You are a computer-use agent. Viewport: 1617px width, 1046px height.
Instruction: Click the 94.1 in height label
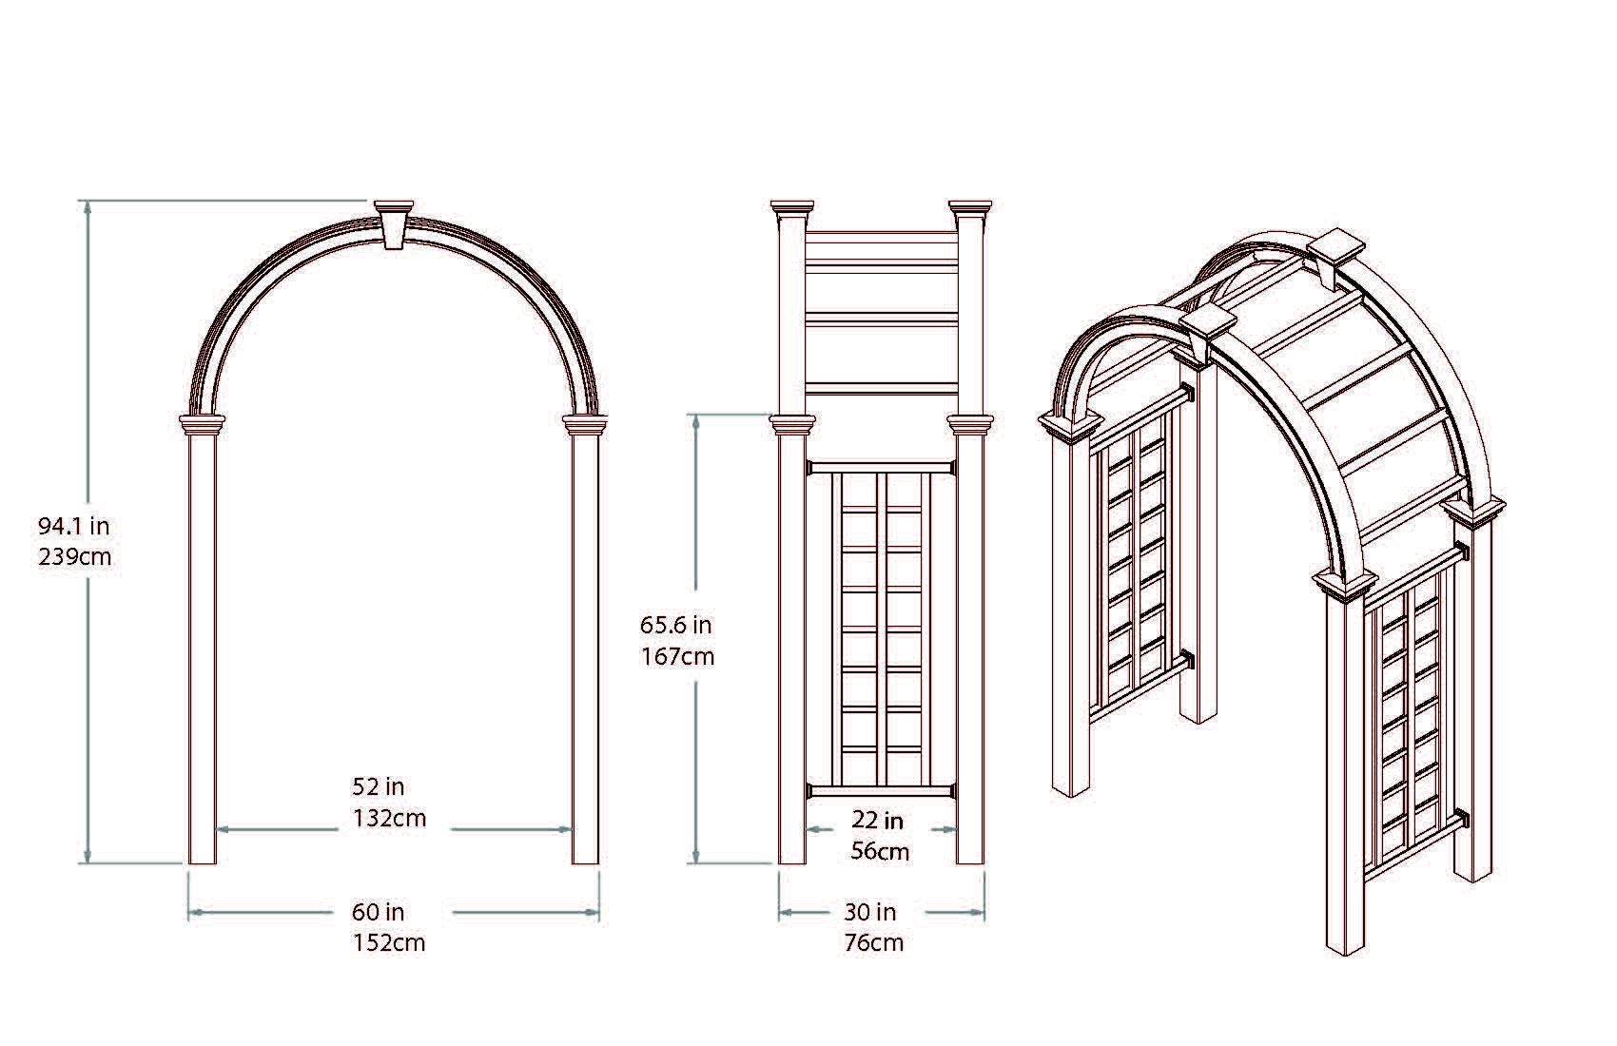(x=73, y=525)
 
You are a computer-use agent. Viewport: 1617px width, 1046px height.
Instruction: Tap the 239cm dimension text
(x=74, y=556)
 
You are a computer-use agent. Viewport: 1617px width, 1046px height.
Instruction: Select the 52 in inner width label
(x=379, y=786)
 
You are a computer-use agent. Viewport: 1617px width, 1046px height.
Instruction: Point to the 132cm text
(x=389, y=818)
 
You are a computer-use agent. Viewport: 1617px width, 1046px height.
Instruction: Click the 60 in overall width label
(x=379, y=912)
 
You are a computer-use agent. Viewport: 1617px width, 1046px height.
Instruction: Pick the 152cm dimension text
(x=389, y=943)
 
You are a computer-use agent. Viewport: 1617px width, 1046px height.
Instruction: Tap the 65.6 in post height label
(x=675, y=625)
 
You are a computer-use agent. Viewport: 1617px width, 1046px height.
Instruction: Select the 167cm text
(x=677, y=656)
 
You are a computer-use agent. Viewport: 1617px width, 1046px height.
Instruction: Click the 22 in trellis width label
(x=877, y=820)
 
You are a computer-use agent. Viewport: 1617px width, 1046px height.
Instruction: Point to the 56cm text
(x=880, y=851)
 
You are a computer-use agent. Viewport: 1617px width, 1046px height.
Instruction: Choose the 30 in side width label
(x=869, y=912)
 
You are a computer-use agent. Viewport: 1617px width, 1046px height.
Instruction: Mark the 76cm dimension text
(x=873, y=943)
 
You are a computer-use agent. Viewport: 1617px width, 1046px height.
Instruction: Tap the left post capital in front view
(x=203, y=424)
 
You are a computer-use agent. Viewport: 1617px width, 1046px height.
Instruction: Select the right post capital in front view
(x=585, y=424)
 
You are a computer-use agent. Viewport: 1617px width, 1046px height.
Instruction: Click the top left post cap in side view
(x=792, y=207)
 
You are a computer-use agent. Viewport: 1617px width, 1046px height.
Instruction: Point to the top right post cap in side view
(x=970, y=207)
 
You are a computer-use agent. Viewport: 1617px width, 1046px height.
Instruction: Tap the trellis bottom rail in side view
(x=881, y=791)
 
